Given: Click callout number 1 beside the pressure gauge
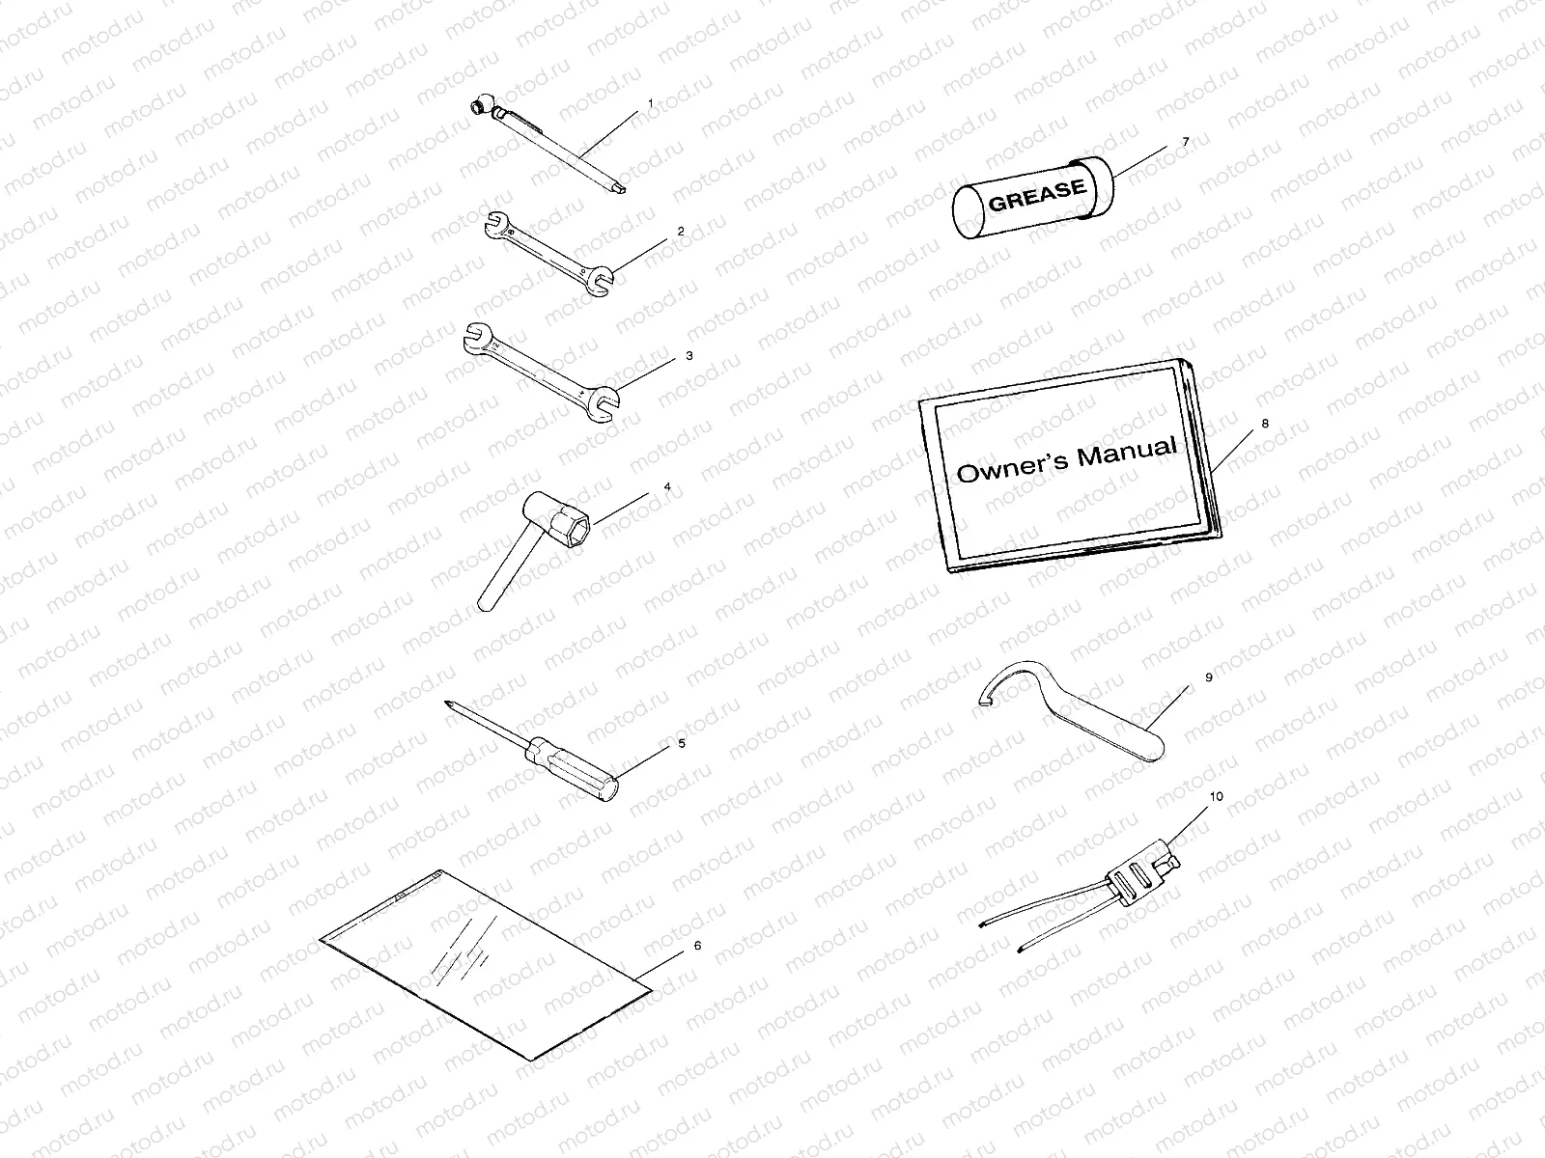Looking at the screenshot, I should (650, 102).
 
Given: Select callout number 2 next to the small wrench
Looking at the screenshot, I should (681, 232).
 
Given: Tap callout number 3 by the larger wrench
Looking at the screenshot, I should (688, 356).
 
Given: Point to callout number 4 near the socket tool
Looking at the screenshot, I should (666, 486).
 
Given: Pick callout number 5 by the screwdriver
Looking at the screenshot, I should (681, 743).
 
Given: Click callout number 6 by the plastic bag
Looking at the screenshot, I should (697, 946).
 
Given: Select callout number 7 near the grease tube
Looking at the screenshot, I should (1186, 142).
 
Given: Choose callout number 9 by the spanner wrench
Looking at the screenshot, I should (1208, 678).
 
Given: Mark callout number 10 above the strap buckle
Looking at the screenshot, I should (1216, 797).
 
